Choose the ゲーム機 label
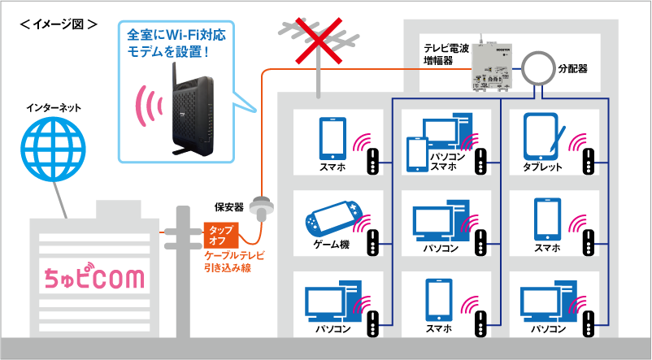point(331,245)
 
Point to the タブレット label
point(543,167)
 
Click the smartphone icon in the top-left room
point(333,137)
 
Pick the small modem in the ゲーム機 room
point(372,241)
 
